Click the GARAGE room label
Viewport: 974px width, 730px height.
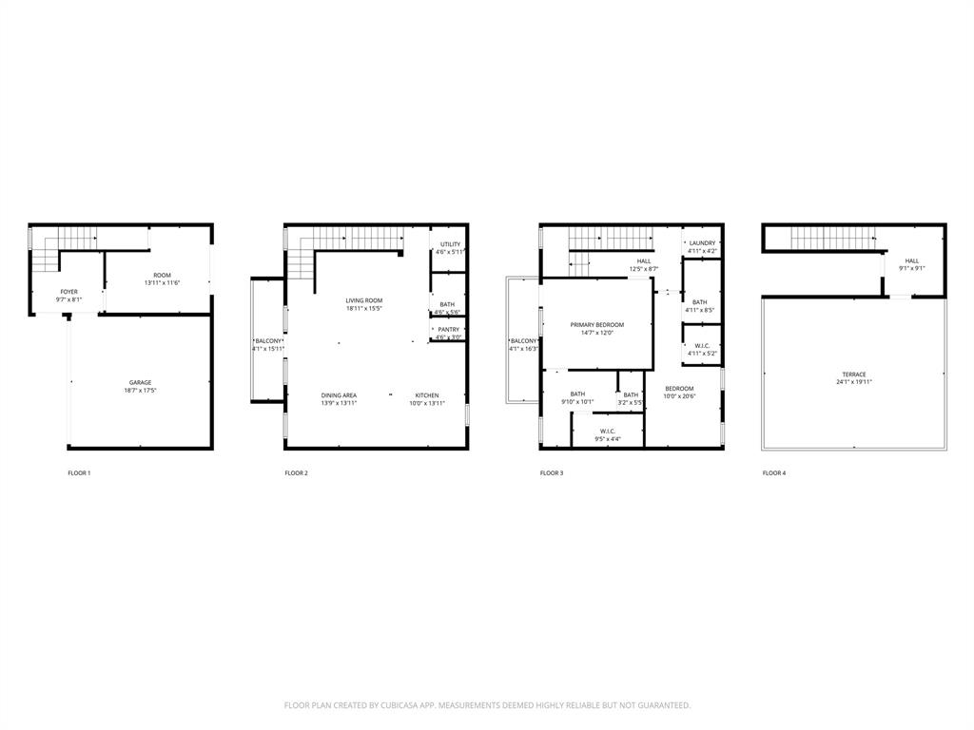pos(141,382)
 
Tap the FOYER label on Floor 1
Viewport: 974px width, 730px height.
pos(69,292)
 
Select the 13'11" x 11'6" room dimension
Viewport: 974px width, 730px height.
pos(163,283)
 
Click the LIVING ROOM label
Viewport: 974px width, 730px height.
pos(363,300)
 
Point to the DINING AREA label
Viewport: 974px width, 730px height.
pos(339,394)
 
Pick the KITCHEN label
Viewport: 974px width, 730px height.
pos(426,394)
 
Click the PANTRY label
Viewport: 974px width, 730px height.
pos(448,329)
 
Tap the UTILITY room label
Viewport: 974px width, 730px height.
pos(450,244)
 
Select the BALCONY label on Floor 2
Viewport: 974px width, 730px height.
pos(268,340)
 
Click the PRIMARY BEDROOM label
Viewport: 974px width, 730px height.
pos(597,324)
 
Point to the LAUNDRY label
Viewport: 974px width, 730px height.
pos(702,243)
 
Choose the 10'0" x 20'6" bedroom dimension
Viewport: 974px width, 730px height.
pos(679,396)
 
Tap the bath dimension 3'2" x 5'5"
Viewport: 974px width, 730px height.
pos(631,403)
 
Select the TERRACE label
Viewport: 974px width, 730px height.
pos(853,374)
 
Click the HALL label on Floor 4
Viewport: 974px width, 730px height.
pos(911,260)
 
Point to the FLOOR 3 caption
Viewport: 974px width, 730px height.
pos(552,472)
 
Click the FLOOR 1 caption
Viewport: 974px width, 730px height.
pos(79,472)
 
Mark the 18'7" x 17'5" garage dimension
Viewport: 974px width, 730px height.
pos(141,391)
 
